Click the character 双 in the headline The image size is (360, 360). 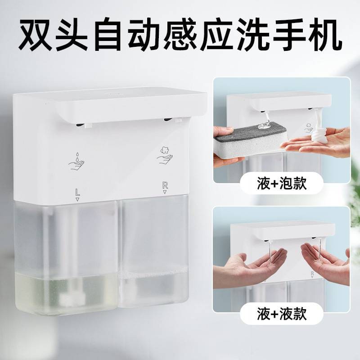tap(35, 35)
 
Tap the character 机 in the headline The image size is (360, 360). tap(324, 35)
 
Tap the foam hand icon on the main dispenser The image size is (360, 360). tap(165, 155)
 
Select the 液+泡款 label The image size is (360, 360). tap(282, 184)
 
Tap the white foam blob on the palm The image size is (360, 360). tap(318, 135)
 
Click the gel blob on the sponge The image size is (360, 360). tap(264, 126)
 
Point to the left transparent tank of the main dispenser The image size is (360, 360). tap(66, 257)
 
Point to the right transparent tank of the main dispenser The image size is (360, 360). tap(154, 252)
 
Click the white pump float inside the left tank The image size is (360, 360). tap(72, 297)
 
